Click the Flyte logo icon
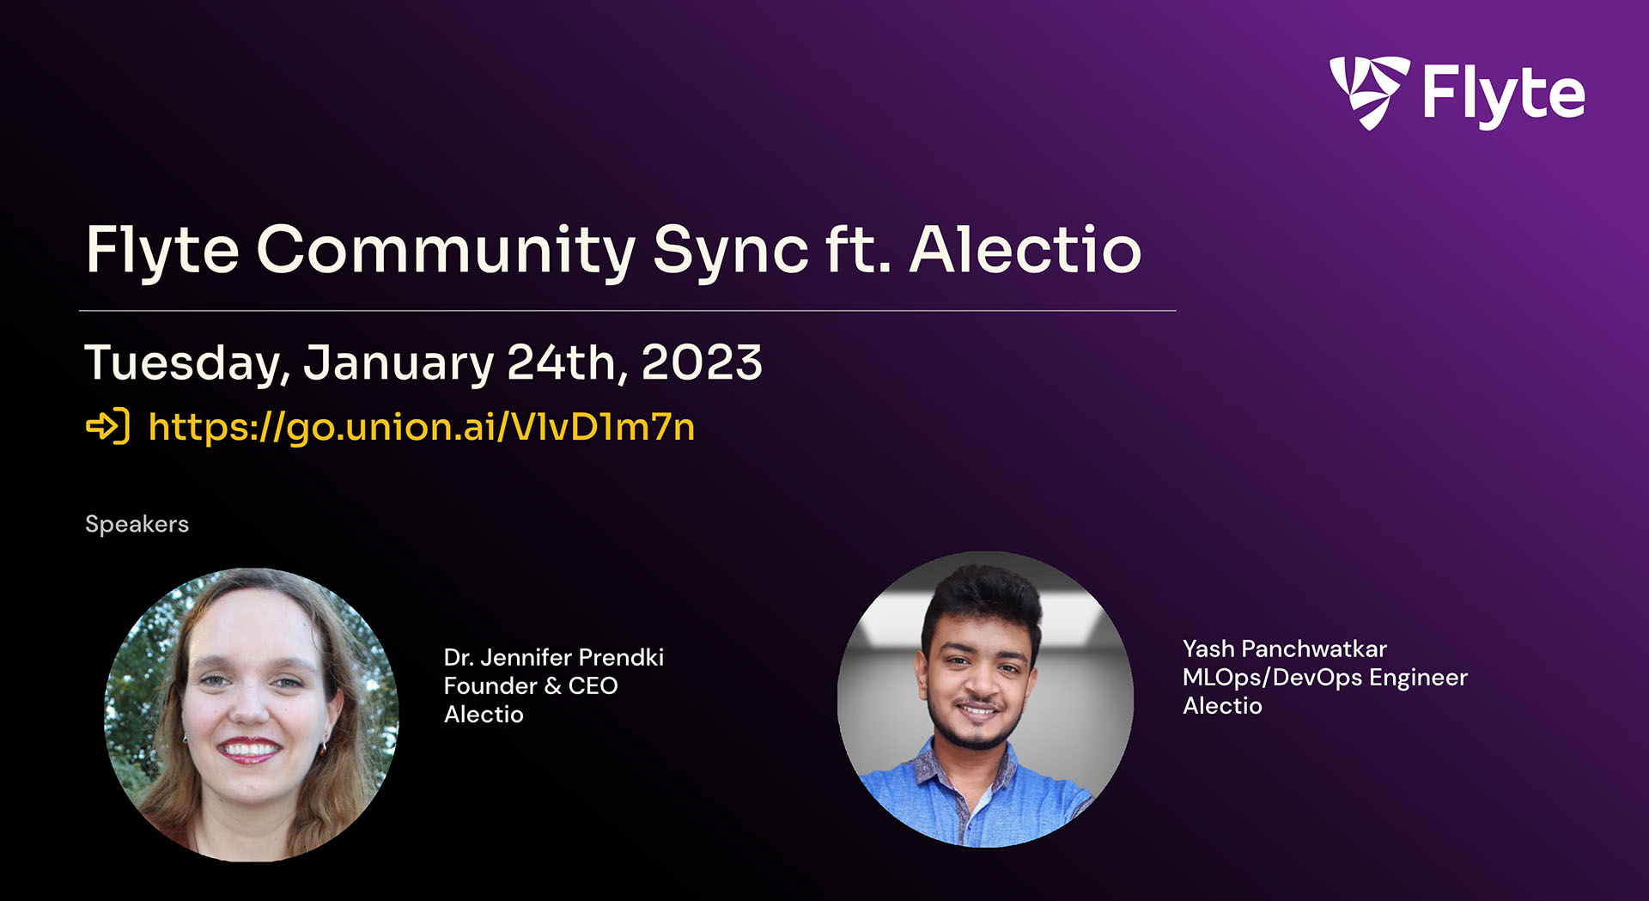(1369, 91)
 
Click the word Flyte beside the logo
(1503, 94)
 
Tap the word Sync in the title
(731, 252)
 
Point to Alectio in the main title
(1025, 250)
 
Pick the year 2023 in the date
(701, 362)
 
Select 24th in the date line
(562, 362)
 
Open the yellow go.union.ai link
(421, 427)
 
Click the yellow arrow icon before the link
(108, 426)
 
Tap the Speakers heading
(137, 524)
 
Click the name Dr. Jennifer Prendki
(554, 658)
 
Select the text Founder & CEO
(531, 686)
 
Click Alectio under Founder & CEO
(484, 715)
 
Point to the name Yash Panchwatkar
(1284, 649)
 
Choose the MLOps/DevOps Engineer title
(1324, 678)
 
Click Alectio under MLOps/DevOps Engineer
(1222, 706)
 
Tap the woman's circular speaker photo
(251, 715)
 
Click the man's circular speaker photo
(985, 699)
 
